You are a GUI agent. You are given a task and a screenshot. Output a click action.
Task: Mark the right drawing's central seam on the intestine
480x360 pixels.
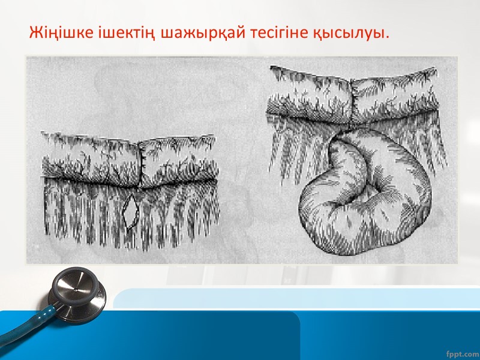pos(353,96)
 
